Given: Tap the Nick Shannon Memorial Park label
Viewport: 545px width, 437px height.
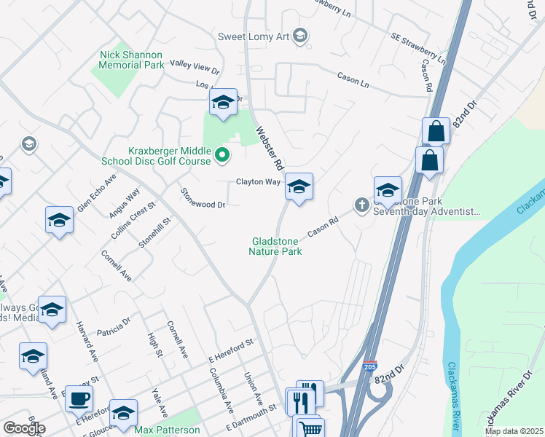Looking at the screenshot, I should [132, 60].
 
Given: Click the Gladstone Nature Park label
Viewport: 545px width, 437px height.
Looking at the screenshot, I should [276, 245].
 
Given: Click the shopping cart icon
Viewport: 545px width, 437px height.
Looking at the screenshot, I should [309, 428].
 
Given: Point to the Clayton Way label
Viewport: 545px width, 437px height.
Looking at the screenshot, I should [257, 182].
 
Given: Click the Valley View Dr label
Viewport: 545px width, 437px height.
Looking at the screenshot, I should [194, 67].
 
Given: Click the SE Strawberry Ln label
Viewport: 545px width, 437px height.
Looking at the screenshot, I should [418, 47].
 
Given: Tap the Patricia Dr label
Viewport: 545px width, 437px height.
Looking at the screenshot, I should [113, 325].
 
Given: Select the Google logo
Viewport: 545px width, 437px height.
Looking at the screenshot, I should [24, 428].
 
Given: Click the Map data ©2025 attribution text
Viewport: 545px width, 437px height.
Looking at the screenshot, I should [513, 431].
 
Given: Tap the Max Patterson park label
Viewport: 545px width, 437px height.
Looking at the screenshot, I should [167, 430].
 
